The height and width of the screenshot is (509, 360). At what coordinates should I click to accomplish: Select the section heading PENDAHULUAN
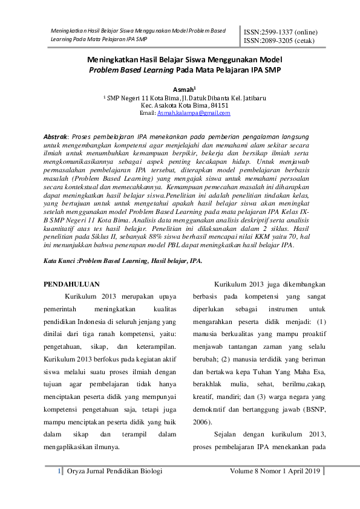73,285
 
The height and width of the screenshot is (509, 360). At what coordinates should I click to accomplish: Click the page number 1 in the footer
58,470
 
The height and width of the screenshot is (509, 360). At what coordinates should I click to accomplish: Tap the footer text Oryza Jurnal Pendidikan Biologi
114,470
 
